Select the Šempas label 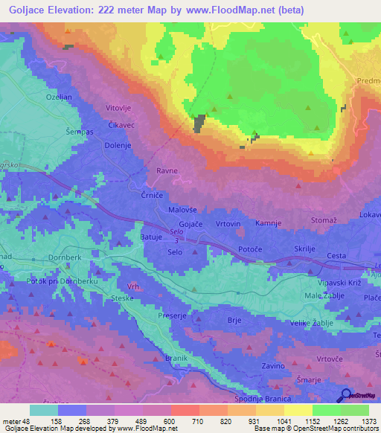[x=79, y=132]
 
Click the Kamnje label [x=269, y=223]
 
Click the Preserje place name [x=171, y=315]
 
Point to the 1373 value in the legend [x=368, y=421]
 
